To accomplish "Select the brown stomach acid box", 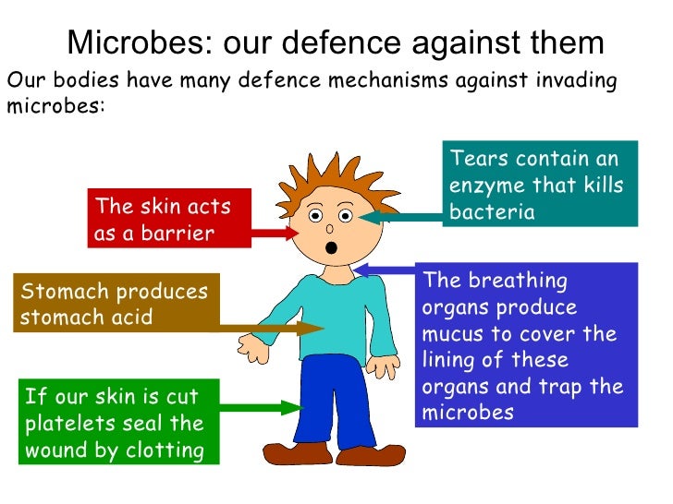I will (116, 304).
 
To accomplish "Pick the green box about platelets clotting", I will (116, 424).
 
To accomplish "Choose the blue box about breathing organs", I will (526, 346).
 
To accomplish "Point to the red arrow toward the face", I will (275, 232).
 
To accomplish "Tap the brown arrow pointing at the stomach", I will (268, 326).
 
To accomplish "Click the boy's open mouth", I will (330, 247).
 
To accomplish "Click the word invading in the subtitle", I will (571, 80).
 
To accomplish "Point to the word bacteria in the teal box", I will (492, 212).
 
